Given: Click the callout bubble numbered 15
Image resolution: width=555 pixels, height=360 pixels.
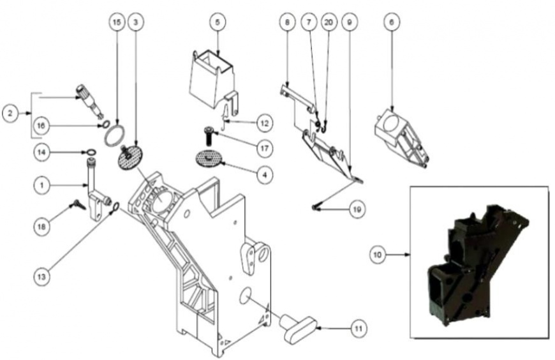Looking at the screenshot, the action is pos(117,22).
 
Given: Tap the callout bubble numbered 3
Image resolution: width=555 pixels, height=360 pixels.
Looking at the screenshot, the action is pos(136,22).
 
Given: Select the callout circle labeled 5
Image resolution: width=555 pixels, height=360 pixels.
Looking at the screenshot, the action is pos(218,22).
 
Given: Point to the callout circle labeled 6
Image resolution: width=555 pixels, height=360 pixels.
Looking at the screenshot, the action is pos(392,22).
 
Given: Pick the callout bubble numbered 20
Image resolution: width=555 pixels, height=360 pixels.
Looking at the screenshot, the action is pos(329,22).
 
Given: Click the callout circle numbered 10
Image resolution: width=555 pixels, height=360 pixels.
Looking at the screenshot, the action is pos(378,255).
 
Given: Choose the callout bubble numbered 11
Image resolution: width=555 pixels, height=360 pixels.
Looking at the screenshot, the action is pos(359,329).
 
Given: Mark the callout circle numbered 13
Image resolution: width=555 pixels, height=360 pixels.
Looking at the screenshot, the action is pos(41,276).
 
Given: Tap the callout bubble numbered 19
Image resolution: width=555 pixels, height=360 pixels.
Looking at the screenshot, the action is pos(357,209).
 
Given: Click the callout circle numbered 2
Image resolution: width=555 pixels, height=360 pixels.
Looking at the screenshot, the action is pos(10,114).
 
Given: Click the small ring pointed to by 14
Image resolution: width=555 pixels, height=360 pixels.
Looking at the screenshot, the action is pos(91,153).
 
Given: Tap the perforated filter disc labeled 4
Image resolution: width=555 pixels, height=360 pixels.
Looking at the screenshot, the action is pos(209,158).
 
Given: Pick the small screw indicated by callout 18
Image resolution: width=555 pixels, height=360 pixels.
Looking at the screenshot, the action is pos(78,204).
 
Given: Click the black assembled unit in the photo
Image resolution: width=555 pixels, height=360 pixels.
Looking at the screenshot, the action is pos(479,264).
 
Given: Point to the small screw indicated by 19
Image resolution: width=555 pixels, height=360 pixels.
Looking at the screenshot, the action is pos(315,208).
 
